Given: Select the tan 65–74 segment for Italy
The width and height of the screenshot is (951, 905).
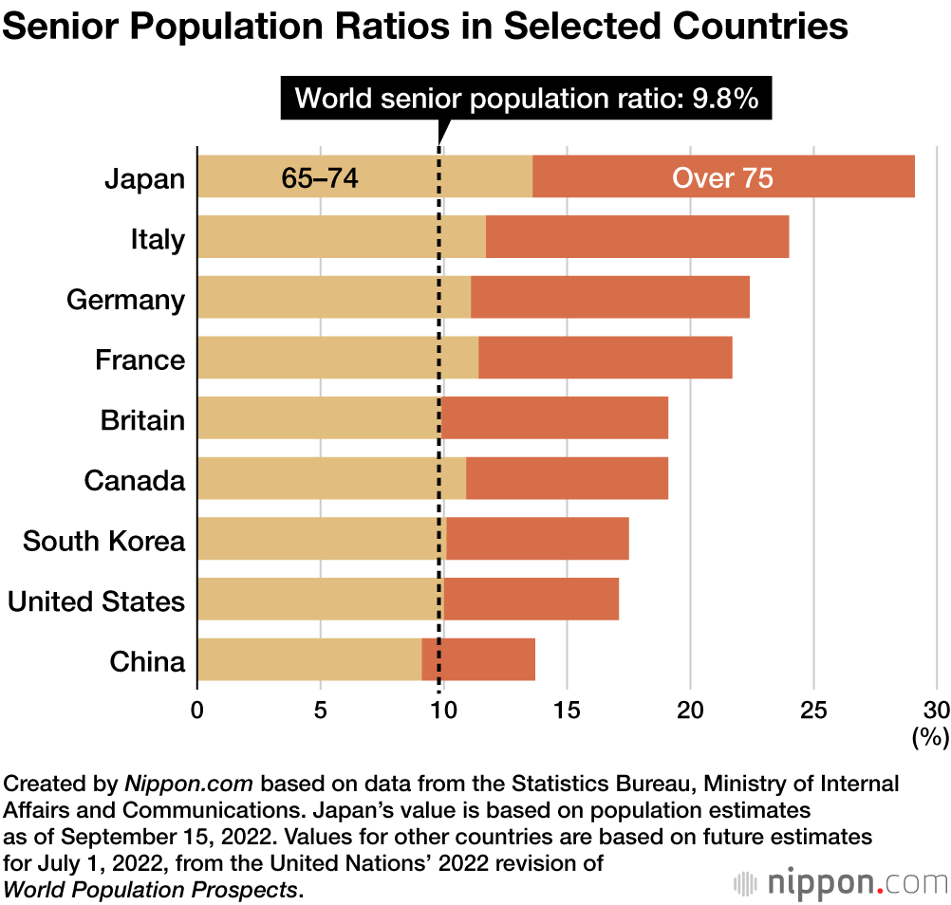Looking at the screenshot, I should tap(341, 237).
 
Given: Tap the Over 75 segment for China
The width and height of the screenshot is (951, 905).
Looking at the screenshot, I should tap(478, 660).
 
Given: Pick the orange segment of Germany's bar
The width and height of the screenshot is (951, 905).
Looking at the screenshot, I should tap(609, 298).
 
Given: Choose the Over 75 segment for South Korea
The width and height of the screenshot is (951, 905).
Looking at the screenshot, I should tap(537, 539).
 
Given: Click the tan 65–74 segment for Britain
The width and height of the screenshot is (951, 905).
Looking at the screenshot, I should tap(318, 418).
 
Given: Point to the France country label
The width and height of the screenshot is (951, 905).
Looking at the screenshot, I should tap(140, 360).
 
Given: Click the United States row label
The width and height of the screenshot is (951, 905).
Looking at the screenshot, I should tap(96, 600).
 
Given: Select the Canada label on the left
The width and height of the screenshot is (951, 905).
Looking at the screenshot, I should tap(134, 480).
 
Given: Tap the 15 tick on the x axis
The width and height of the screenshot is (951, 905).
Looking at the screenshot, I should tap(567, 710).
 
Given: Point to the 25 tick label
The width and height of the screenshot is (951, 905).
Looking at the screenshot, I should tap(813, 710).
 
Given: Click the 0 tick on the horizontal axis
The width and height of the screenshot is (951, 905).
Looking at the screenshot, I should tap(197, 710).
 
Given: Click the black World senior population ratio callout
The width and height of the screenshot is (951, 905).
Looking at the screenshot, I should tap(527, 98).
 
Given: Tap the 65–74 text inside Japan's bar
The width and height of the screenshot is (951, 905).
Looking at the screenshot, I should tap(320, 177).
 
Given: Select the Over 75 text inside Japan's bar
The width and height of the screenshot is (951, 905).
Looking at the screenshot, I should tap(722, 177).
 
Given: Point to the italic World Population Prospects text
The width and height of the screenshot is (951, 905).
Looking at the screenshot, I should tap(151, 889).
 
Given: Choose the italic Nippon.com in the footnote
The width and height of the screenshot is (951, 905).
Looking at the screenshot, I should tap(188, 785).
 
